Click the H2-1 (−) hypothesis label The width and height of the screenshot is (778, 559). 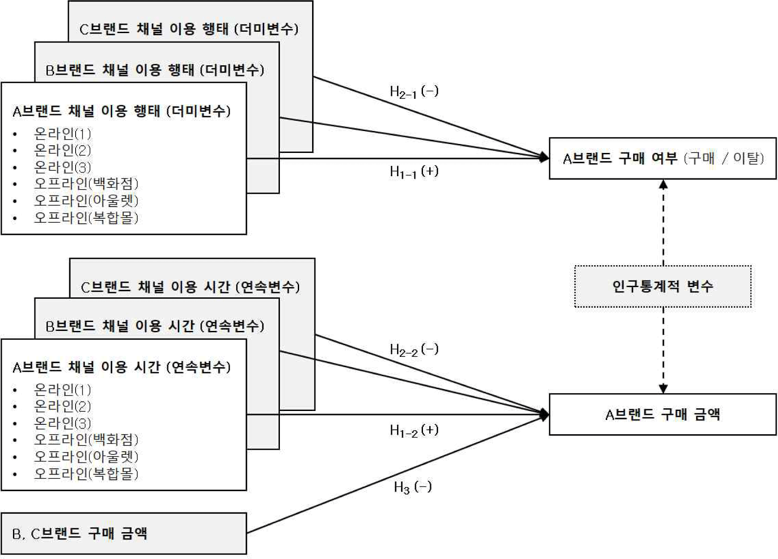coord(414,92)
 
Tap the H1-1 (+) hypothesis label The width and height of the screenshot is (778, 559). coord(414,171)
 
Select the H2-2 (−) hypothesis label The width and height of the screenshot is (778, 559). coord(414,349)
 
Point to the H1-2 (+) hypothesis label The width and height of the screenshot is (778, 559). coord(414,430)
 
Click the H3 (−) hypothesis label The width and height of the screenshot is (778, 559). coord(413,487)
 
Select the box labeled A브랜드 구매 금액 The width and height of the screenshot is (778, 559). coord(662,415)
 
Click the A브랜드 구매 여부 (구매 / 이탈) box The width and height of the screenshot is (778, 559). coord(662,158)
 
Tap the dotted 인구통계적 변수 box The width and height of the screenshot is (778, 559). coord(662,286)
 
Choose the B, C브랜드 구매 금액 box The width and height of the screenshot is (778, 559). coord(124,534)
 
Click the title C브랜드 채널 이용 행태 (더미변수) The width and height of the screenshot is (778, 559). coord(189,29)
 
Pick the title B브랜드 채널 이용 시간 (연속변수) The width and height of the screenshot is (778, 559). coord(155,326)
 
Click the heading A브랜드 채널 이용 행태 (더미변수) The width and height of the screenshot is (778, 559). coord(121,111)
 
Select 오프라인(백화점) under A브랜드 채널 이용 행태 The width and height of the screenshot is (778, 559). coord(86,183)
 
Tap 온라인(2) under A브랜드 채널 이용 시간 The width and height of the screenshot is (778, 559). coord(62,406)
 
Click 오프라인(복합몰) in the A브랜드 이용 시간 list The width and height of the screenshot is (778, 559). coord(86,473)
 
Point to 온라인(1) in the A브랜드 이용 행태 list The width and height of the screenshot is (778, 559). coord(62,133)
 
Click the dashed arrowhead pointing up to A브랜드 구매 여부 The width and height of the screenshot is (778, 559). coord(663,184)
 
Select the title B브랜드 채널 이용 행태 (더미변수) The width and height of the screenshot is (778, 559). coord(155,70)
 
